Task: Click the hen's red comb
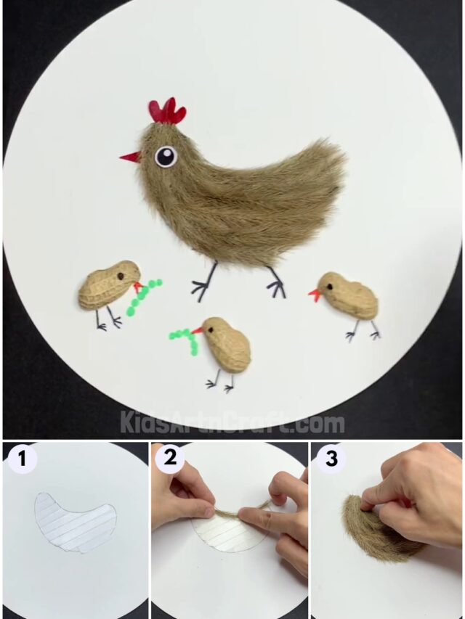[168, 112]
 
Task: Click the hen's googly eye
[166, 156]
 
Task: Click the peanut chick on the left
[108, 285]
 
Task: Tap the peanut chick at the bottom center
[227, 343]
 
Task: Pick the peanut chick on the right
[349, 295]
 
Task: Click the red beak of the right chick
[315, 295]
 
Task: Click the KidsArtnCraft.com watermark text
[232, 422]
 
